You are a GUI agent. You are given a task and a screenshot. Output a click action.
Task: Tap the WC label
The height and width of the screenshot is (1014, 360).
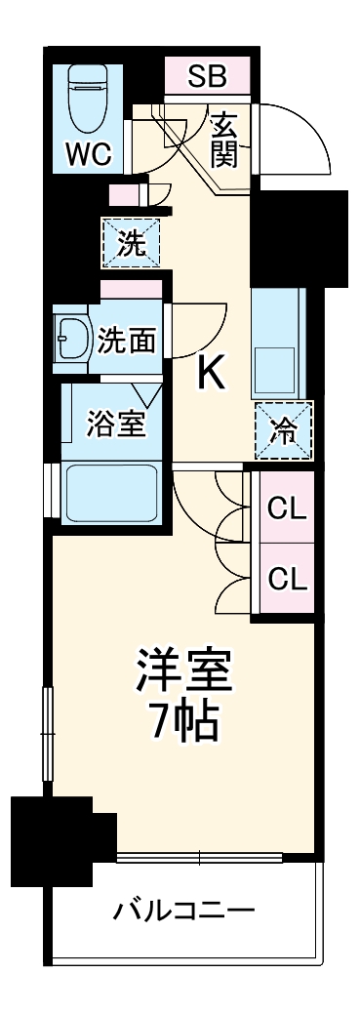point(88,152)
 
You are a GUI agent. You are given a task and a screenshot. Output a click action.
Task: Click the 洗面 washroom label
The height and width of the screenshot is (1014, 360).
point(127,340)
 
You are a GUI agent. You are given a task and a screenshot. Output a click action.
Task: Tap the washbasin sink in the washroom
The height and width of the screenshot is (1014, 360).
point(71,340)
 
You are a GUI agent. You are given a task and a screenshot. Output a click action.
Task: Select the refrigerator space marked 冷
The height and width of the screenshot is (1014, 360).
point(283,430)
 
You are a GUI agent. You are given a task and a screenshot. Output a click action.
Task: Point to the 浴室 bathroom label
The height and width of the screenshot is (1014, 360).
point(116,424)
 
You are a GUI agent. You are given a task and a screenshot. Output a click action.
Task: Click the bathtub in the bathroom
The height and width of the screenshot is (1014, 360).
point(111,493)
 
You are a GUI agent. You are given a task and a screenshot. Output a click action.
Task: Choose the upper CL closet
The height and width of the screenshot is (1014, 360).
point(287,508)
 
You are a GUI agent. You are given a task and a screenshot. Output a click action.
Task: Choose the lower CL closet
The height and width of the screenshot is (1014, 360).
point(287,580)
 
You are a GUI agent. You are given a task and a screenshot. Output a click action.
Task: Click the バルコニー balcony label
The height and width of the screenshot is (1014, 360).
point(184,912)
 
